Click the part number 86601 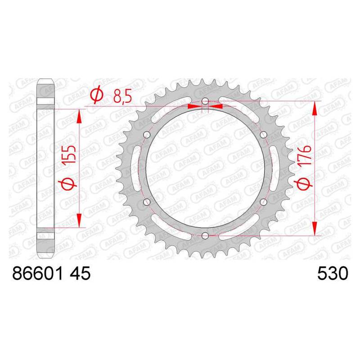[37, 274]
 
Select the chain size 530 [333, 274]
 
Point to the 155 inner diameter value [70, 154]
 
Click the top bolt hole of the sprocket [205, 101]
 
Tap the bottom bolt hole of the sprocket [205, 235]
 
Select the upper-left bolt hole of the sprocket [147, 135]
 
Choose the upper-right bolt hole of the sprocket [263, 135]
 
